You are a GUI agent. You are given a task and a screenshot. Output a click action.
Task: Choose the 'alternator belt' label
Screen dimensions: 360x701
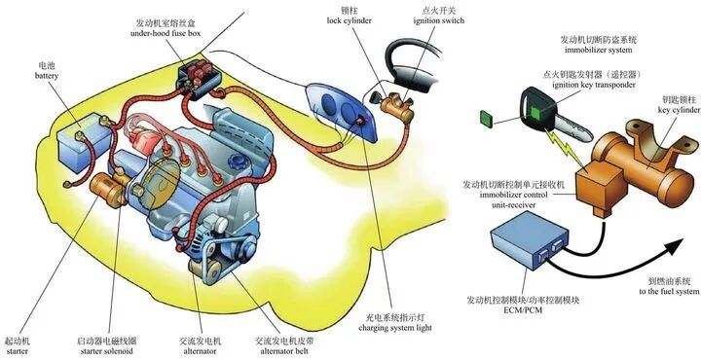[x=290, y=349]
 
